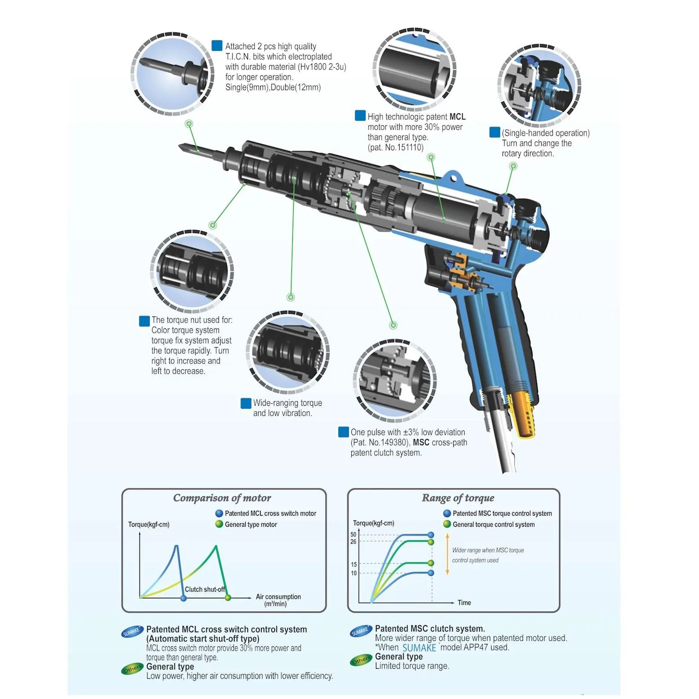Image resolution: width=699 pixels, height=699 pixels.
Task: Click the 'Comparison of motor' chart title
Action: coord(222,498)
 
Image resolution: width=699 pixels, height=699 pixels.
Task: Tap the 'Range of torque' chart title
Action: coord(458,498)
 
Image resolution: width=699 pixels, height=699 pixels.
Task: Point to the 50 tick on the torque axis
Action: coord(353,535)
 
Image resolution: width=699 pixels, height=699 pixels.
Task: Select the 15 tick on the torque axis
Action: coord(353,564)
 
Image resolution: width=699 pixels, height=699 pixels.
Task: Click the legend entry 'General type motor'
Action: coord(251,524)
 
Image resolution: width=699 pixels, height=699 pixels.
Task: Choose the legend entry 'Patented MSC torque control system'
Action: coord(502,513)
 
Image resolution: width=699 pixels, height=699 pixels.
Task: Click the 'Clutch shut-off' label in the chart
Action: coord(204,589)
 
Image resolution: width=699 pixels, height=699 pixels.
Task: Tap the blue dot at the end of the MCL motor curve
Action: coord(183,598)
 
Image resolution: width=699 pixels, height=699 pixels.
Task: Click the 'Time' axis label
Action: coord(464,603)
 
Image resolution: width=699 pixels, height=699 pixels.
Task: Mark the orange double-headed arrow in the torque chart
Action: coord(447,554)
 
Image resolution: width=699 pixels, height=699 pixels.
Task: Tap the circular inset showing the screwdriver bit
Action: coord(173,73)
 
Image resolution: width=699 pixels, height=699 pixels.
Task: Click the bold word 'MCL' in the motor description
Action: coord(457,117)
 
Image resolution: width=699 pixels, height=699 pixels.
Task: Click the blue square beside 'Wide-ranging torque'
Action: coord(246,403)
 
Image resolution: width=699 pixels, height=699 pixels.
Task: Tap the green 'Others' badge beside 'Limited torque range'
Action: coord(361,661)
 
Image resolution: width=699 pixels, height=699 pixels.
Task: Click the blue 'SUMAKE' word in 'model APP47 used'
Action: coord(419,648)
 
